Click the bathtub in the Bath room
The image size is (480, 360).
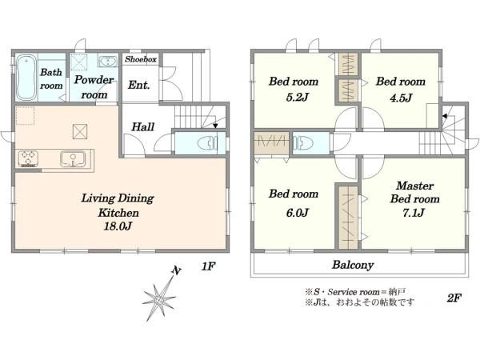tap(26, 78)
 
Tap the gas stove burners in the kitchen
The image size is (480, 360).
tap(28, 158)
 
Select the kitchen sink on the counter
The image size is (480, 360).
tap(73, 159)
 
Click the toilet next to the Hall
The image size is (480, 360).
tap(207, 143)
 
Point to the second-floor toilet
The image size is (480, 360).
tap(303, 143)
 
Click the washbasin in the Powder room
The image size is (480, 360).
tap(108, 61)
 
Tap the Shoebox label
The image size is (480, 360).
tap(141, 59)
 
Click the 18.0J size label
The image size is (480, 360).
tap(118, 226)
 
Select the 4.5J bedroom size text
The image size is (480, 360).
tap(401, 98)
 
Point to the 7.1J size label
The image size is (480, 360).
tap(414, 212)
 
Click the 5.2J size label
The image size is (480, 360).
tap(297, 97)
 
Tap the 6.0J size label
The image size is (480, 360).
tap(297, 212)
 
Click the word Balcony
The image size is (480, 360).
tap(353, 265)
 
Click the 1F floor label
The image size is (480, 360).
tap(208, 266)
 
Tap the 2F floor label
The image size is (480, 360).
tap(454, 298)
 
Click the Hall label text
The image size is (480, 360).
tap(142, 126)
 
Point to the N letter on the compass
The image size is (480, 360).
tap(176, 270)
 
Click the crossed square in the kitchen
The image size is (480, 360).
tap(79, 132)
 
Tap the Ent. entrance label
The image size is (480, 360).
tap(138, 85)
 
